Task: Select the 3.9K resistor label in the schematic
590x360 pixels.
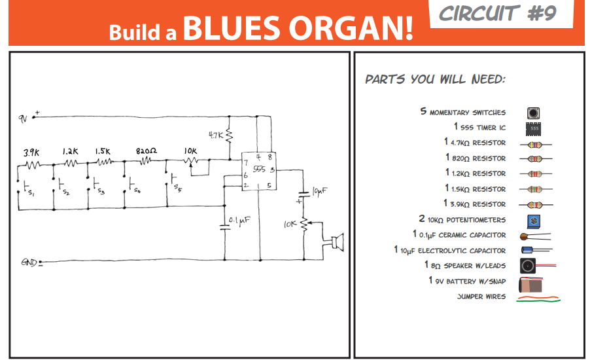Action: (x=31, y=152)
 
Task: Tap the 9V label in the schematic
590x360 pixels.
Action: (x=24, y=118)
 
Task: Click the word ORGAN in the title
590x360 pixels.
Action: (x=351, y=27)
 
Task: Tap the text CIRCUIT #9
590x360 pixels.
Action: (x=498, y=14)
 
